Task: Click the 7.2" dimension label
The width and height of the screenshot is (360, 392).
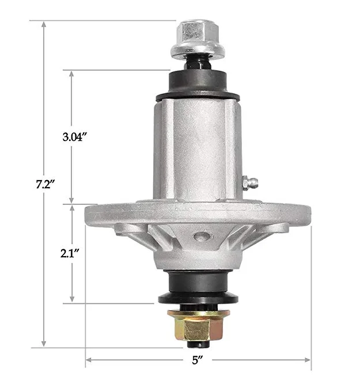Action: [x=45, y=185]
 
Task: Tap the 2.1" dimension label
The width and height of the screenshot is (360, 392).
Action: [x=70, y=253]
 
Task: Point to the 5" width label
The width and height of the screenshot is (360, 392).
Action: [x=198, y=360]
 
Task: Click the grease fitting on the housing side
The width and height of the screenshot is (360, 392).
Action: [x=250, y=183]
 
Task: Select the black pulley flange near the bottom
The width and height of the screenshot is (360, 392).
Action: [x=198, y=298]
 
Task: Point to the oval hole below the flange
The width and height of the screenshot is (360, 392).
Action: [x=202, y=236]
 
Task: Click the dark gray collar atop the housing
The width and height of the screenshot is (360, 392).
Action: [x=198, y=81]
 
